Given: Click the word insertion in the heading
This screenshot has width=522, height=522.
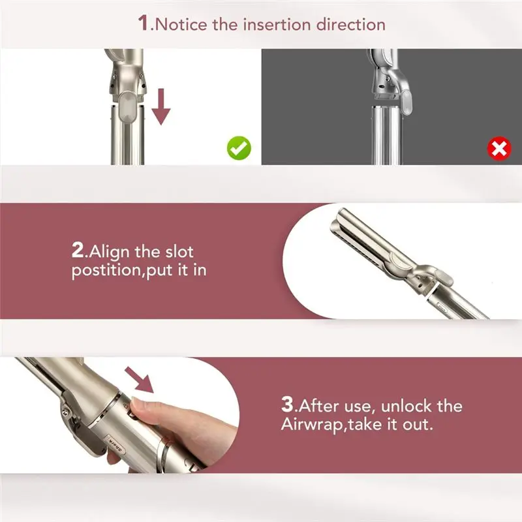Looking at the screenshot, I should coord(273,24).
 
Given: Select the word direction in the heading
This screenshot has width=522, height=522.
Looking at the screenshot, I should coord(350,24).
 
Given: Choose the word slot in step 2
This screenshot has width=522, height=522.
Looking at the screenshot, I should coord(177,251).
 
